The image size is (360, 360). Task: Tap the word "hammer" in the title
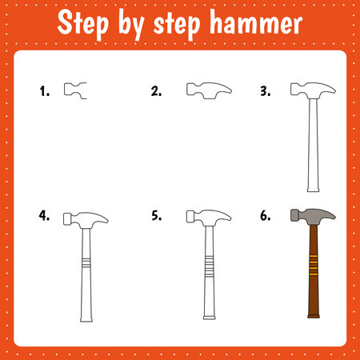click(256, 22)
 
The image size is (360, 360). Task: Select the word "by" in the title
click(131, 26)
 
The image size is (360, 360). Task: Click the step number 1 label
click(45, 91)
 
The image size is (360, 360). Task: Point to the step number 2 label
click(156, 91)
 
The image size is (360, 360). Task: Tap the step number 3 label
click(266, 91)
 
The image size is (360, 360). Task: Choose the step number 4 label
click(44, 215)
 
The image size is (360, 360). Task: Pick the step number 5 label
click(157, 215)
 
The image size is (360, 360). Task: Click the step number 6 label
click(266, 215)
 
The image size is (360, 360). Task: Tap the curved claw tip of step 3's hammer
click(334, 91)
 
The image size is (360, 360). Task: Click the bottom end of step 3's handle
click(313, 190)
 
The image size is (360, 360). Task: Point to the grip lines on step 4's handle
click(86, 263)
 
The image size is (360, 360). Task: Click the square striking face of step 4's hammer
click(67, 219)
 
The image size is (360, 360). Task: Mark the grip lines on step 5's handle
click(210, 266)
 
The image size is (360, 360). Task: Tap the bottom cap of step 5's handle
click(210, 318)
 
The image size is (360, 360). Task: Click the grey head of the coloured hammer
click(313, 216)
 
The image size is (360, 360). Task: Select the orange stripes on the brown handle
click(314, 265)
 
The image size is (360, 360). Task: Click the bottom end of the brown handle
click(314, 316)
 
